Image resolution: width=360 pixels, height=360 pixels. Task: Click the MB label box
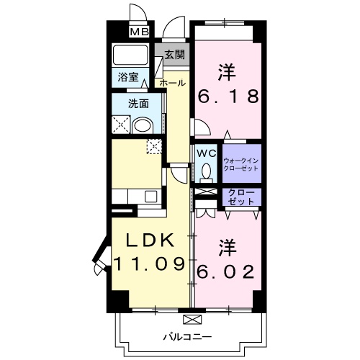[x=138, y=32]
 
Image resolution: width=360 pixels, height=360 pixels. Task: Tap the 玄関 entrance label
[x=173, y=55]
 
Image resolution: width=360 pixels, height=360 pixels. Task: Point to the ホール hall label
[x=173, y=84]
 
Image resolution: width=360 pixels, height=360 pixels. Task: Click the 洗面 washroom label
[x=139, y=103]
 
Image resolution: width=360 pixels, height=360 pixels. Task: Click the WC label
[x=206, y=153]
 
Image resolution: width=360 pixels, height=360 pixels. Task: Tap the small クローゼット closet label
[x=240, y=197]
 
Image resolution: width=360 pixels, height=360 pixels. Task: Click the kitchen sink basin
[x=151, y=195]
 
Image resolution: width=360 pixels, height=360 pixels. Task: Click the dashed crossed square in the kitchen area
[x=154, y=146]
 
